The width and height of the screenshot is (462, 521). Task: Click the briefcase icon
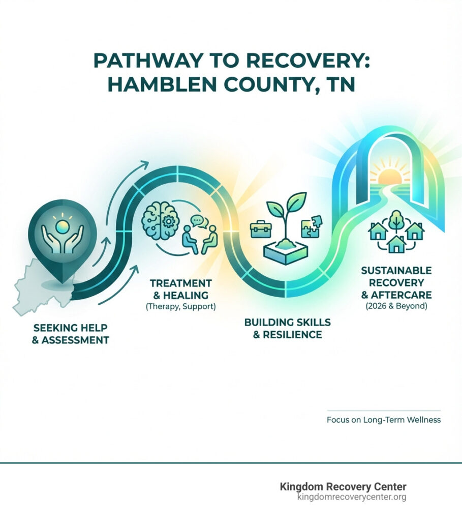(x=261, y=229)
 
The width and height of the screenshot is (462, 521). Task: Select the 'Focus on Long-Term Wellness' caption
(x=383, y=420)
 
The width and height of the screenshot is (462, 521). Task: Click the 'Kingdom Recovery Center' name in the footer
(x=343, y=487)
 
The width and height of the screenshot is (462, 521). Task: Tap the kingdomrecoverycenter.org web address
(x=352, y=497)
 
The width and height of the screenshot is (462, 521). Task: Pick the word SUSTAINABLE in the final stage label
(x=396, y=270)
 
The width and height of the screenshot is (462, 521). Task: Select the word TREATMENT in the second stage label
(x=173, y=282)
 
